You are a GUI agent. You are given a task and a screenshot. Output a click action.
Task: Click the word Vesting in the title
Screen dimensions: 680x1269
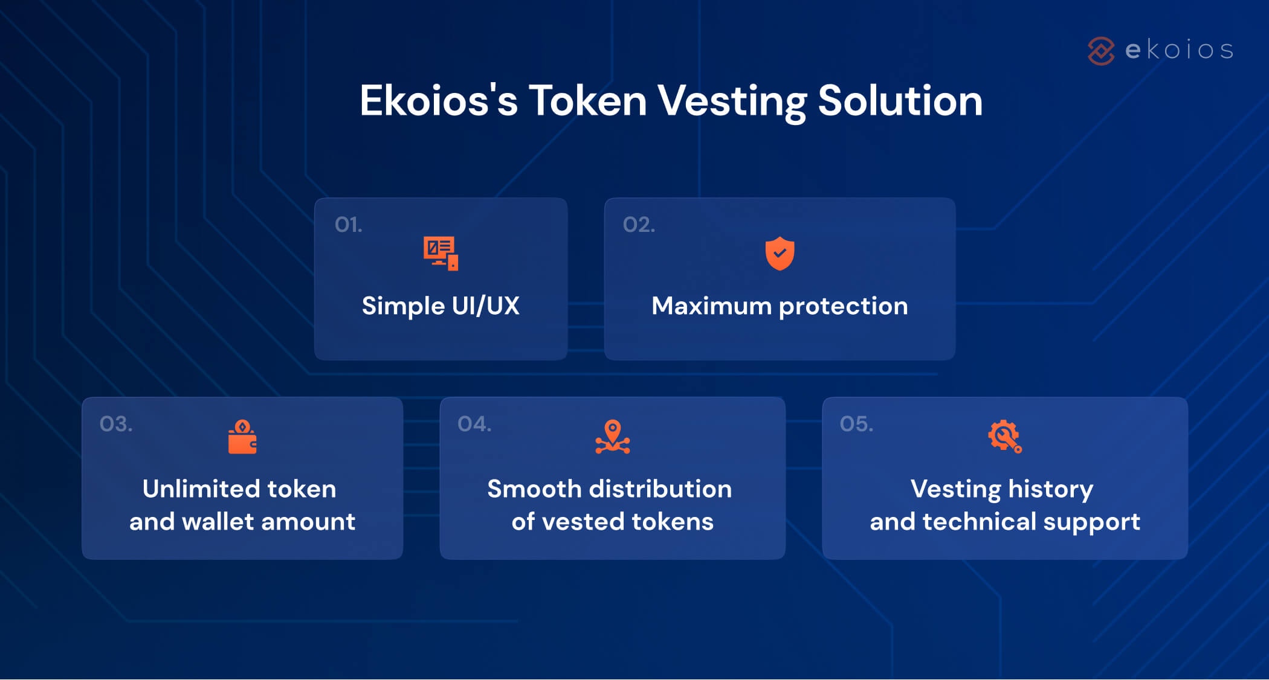(x=732, y=101)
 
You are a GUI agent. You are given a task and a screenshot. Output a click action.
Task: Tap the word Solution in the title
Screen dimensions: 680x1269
(x=900, y=101)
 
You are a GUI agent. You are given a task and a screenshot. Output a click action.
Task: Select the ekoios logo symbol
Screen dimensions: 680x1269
(x=1101, y=51)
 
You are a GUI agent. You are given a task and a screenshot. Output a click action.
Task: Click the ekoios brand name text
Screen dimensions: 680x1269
(x=1179, y=50)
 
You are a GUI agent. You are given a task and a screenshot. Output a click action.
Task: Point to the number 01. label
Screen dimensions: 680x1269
(x=349, y=225)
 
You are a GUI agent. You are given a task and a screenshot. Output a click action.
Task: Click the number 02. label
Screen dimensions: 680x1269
(x=639, y=225)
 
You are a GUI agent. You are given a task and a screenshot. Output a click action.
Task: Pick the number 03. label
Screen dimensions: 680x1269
(x=116, y=424)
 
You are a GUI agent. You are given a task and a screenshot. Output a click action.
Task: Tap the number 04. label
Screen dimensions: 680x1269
(x=474, y=424)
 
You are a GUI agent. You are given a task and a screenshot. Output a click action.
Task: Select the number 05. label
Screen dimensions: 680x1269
(x=856, y=424)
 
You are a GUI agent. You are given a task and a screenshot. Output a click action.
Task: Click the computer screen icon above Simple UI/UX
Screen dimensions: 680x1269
(x=441, y=254)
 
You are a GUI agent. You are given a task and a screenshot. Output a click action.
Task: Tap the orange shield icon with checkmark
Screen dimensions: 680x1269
(x=780, y=254)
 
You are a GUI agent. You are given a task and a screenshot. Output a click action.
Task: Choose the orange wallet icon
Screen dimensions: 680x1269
(x=242, y=437)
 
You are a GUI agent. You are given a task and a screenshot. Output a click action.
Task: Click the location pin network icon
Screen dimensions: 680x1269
(x=612, y=437)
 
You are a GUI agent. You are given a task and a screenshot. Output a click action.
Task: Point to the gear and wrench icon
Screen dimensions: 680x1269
(x=1004, y=436)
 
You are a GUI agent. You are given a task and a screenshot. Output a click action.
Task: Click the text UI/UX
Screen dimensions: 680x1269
(x=485, y=306)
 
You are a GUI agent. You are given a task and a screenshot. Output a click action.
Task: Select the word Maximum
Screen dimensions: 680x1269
(x=711, y=306)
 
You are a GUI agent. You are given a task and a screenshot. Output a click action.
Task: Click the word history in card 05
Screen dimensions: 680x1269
(x=1050, y=489)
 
